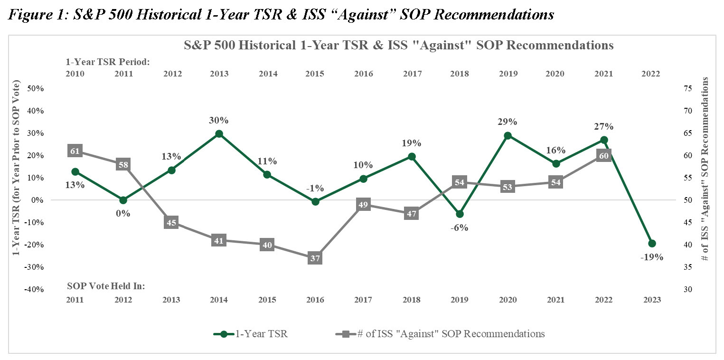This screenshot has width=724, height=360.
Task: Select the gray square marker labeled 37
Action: pyautogui.click(x=315, y=258)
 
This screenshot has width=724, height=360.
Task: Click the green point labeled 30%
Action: pyautogui.click(x=219, y=134)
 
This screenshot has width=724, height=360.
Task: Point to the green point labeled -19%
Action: pyautogui.click(x=652, y=244)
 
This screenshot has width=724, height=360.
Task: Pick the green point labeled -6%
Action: pyautogui.click(x=460, y=214)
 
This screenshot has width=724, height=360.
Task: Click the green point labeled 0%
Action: pyautogui.click(x=123, y=200)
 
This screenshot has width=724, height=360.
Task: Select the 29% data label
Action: pyautogui.click(x=508, y=122)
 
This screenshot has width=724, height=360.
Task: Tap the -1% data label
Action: pyautogui.click(x=315, y=188)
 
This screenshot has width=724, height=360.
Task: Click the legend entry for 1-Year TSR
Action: pyautogui.click(x=252, y=334)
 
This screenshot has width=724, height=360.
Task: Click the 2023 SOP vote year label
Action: pyautogui.click(x=651, y=300)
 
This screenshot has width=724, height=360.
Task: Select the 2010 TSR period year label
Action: pyautogui.click(x=75, y=74)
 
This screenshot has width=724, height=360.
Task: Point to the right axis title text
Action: pyautogui.click(x=705, y=169)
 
